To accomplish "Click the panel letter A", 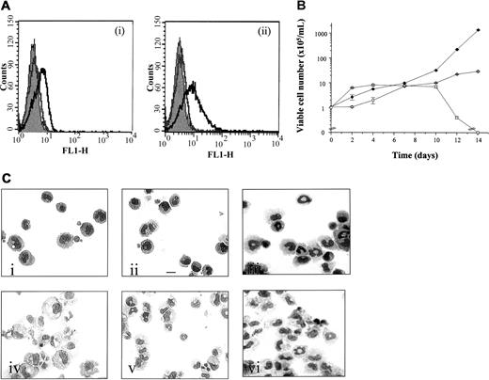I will pos(7,7).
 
